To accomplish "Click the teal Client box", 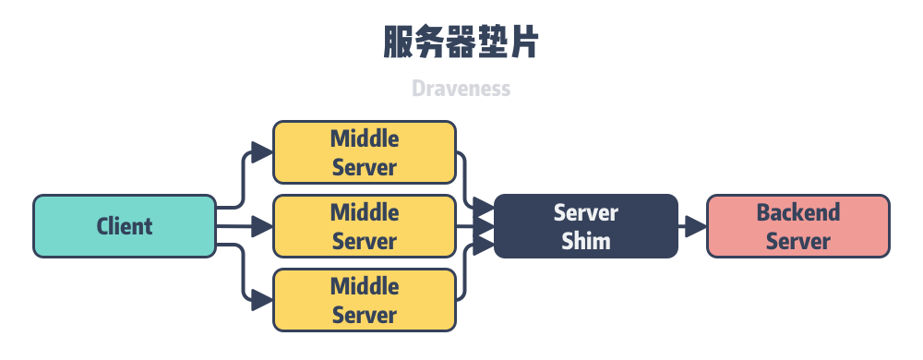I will click(125, 226).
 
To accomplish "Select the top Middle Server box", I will click(365, 153).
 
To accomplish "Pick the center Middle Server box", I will click(365, 226).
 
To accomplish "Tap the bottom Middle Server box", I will click(365, 300).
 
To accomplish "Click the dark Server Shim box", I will click(586, 226).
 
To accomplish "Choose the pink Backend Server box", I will click(798, 226).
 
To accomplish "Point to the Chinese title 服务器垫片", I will click(461, 43).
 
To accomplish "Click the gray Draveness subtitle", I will click(461, 90).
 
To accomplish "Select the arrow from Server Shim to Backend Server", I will click(692, 226).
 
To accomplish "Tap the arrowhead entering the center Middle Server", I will click(263, 226).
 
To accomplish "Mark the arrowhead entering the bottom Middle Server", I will click(263, 300).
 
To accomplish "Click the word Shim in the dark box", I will click(586, 241).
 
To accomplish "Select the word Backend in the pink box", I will click(798, 212).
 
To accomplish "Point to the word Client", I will click(125, 226).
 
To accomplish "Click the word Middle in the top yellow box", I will click(365, 139).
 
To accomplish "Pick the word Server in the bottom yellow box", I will click(365, 315).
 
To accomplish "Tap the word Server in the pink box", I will click(798, 241).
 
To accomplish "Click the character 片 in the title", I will click(521, 43).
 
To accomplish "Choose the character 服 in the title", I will click(399, 43).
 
